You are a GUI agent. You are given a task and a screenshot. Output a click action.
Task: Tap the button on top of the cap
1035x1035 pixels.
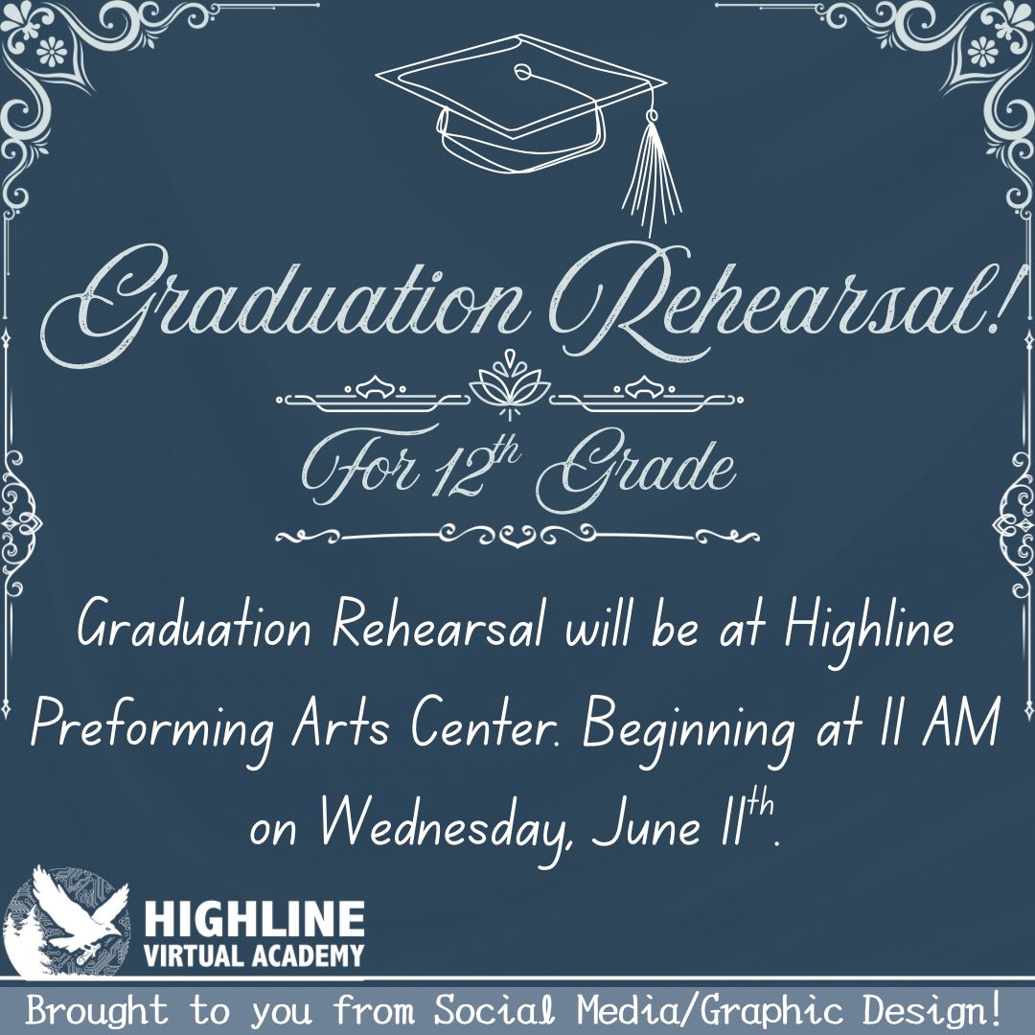tap(521, 72)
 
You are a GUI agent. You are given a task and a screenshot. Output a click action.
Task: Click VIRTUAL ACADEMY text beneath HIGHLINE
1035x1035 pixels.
tap(255, 955)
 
